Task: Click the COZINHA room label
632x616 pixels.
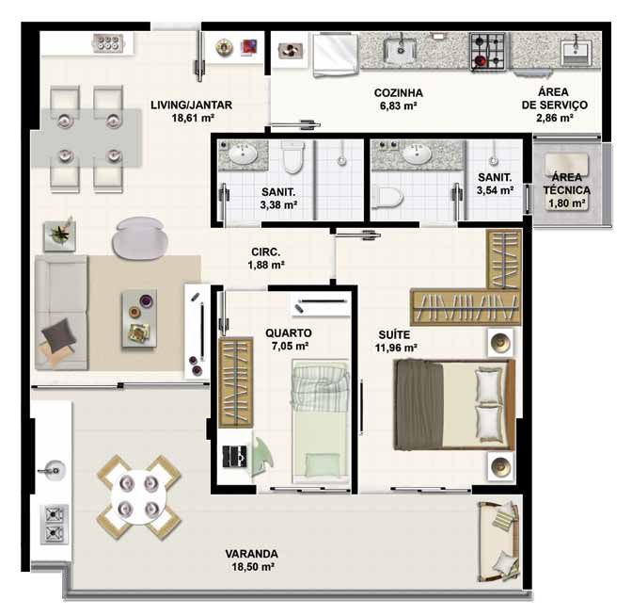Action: point(398,93)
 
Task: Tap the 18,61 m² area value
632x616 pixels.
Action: point(193,118)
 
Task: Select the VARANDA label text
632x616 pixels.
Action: point(251,554)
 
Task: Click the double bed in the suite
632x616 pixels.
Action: point(454,405)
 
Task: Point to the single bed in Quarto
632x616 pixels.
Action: point(321,421)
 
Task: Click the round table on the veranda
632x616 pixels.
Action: point(138,497)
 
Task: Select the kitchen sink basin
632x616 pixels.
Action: point(401,51)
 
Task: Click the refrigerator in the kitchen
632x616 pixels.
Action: point(336,55)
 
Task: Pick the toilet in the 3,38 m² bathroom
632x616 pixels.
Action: point(292,157)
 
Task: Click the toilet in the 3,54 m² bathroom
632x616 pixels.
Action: point(387,198)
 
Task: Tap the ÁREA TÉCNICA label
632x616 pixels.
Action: point(567,184)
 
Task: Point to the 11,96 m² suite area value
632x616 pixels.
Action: point(395,348)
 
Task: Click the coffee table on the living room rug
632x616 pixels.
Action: point(139,318)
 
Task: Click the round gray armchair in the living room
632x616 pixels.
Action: point(139,237)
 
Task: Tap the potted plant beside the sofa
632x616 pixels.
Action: point(60,235)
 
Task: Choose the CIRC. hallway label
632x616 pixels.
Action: point(265,251)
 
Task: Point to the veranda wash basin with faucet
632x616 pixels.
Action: point(53,470)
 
